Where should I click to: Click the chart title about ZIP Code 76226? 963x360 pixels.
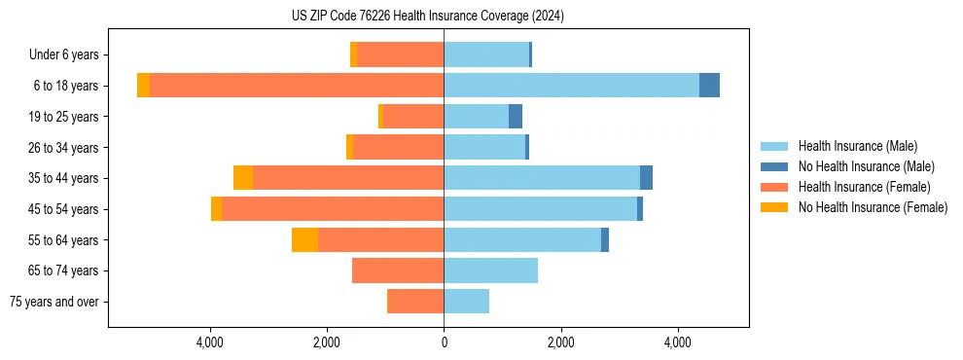[x=427, y=17]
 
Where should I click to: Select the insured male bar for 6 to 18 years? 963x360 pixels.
[x=571, y=86]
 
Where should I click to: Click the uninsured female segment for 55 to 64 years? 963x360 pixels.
[x=304, y=240]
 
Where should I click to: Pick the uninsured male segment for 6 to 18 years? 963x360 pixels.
[x=709, y=86]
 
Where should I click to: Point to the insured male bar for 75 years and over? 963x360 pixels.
[x=467, y=302]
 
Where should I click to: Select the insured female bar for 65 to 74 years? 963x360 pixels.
[x=398, y=270]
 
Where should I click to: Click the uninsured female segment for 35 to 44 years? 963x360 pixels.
[x=243, y=178]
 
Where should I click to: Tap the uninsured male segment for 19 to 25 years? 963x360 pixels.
[x=516, y=117]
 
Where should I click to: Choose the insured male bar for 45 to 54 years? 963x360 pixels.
[x=540, y=209]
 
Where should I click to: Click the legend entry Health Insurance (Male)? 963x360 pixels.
[x=857, y=146]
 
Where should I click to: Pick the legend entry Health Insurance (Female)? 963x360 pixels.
[x=864, y=187]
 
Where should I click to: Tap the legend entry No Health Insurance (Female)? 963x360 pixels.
[x=873, y=207]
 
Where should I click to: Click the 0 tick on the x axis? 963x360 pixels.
[x=444, y=342]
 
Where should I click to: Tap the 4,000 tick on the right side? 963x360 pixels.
[x=677, y=342]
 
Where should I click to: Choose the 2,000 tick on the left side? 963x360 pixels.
[x=327, y=342]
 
